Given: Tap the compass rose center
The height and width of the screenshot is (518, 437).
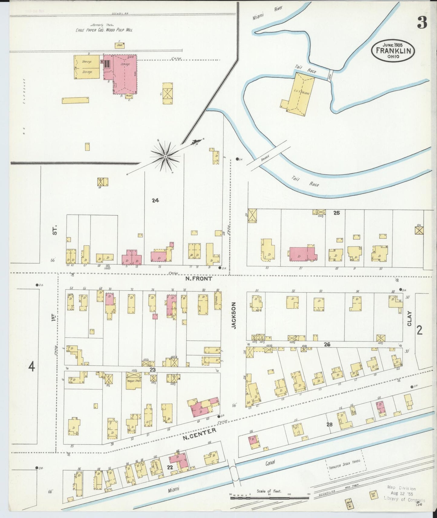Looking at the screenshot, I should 165,157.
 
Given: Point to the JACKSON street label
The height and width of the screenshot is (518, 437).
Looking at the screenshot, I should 233,315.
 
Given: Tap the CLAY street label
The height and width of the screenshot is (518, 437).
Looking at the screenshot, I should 409,319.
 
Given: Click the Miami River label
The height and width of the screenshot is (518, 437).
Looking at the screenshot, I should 267,14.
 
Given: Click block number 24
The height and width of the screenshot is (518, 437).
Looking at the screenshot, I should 155,200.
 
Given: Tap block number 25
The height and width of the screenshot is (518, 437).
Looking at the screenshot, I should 337,213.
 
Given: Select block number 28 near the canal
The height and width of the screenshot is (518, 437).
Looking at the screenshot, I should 329,424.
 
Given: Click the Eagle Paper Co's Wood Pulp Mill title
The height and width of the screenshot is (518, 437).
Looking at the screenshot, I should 104,30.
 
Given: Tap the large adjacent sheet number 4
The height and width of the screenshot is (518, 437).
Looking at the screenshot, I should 31,367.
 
